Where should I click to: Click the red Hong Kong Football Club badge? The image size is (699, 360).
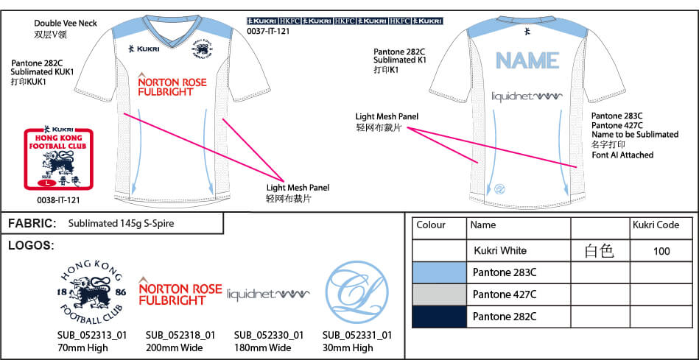coord(57,159)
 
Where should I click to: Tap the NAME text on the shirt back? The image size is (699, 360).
coord(527,60)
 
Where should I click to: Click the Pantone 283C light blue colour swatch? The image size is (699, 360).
coord(439,272)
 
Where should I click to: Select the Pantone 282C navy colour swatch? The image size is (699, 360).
coord(439,317)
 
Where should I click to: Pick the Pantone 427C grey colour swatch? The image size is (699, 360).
coord(439,294)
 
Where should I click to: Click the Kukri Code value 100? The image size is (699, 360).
coord(661,251)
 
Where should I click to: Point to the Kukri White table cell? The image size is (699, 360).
coord(500,251)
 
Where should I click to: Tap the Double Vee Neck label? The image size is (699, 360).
coord(66,23)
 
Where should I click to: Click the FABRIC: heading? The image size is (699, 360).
coord(32,223)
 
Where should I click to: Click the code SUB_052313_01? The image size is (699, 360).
coord(92,335)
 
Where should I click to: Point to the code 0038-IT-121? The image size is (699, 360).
coord(57,200)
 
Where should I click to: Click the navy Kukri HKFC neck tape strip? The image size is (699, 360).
coord(344,21)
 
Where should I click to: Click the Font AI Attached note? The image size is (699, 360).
coord(622,155)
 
